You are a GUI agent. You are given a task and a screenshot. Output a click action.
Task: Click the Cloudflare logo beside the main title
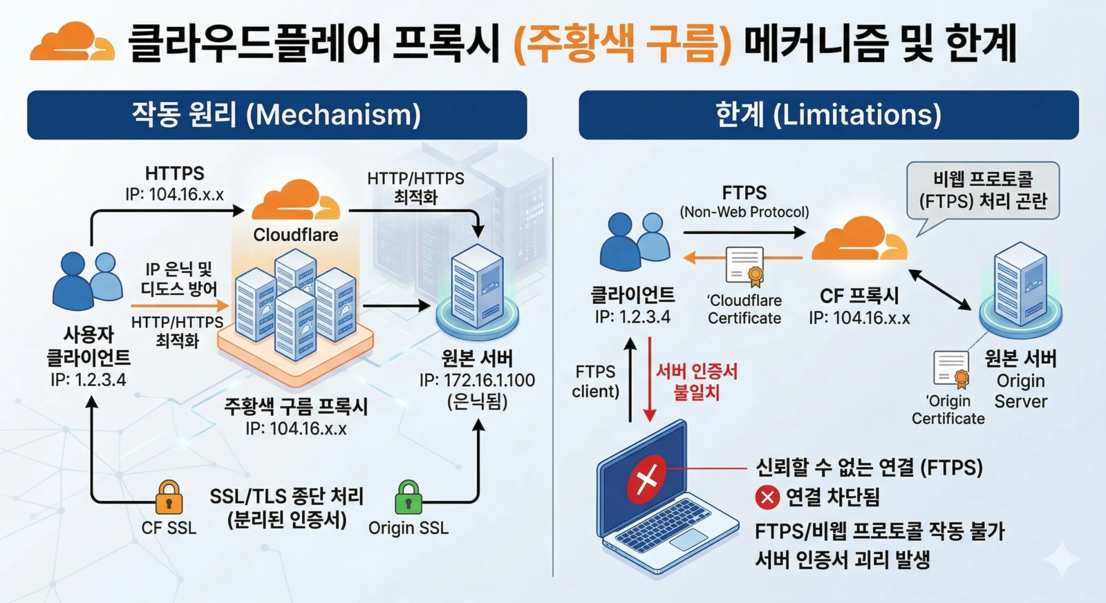coord(72,42)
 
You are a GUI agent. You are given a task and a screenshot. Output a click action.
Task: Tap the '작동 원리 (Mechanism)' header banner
coord(276,115)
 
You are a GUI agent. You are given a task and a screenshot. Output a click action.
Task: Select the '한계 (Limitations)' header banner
coord(828,115)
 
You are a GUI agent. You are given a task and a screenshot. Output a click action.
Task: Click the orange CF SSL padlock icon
coord(169,497)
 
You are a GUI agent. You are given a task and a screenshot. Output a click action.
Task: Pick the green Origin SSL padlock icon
coord(408,497)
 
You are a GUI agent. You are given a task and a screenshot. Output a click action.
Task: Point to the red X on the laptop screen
coord(646,478)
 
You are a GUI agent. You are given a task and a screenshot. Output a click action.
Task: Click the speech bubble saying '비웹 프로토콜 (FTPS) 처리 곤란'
coord(982,190)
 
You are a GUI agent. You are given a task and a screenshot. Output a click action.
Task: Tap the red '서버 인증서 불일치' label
coord(696,382)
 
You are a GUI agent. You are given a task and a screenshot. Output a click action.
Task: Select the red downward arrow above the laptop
coord(649,379)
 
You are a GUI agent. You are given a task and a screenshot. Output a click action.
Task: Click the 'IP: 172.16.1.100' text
coord(477,381)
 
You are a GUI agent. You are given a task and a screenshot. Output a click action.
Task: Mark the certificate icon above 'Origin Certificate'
coord(951,369)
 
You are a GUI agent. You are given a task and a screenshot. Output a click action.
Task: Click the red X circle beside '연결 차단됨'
coord(767,497)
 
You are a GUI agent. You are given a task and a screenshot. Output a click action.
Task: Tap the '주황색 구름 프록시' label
coord(296,406)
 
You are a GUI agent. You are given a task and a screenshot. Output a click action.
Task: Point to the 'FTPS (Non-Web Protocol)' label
coord(744,201)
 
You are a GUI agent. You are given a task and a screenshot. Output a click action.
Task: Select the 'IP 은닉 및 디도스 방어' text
coord(178,278)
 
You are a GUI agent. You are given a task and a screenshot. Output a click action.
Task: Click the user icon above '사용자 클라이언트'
coord(88,280)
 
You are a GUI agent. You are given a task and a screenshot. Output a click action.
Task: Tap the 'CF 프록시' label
coord(859,296)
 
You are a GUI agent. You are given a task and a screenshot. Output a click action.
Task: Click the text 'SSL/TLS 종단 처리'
coord(287,496)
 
